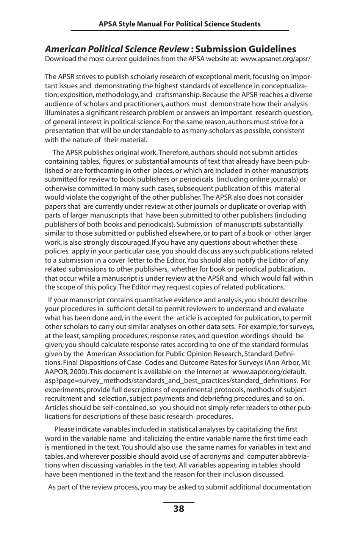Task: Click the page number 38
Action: [x=178, y=509]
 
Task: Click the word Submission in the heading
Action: [x=222, y=49]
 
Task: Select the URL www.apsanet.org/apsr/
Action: [x=275, y=59]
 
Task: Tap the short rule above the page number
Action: [x=178, y=503]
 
